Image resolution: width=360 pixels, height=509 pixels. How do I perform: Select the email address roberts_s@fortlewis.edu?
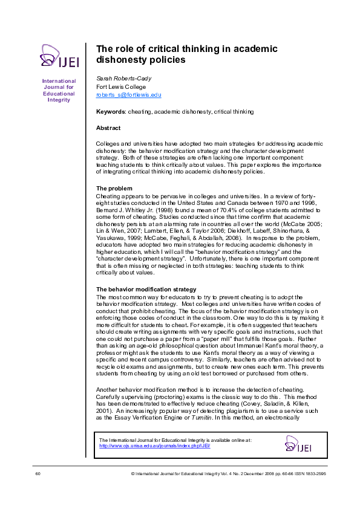(x=129, y=95)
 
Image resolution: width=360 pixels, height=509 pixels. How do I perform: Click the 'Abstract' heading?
(x=108, y=128)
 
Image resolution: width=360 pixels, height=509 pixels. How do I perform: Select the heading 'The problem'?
(x=114, y=188)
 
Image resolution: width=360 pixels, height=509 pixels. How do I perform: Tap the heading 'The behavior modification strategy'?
(x=146, y=290)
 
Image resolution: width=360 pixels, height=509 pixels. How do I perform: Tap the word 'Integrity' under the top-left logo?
(x=59, y=100)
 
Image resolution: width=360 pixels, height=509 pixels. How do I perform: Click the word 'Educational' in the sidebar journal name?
(x=59, y=94)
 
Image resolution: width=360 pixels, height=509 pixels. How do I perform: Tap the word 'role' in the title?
(x=127, y=49)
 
